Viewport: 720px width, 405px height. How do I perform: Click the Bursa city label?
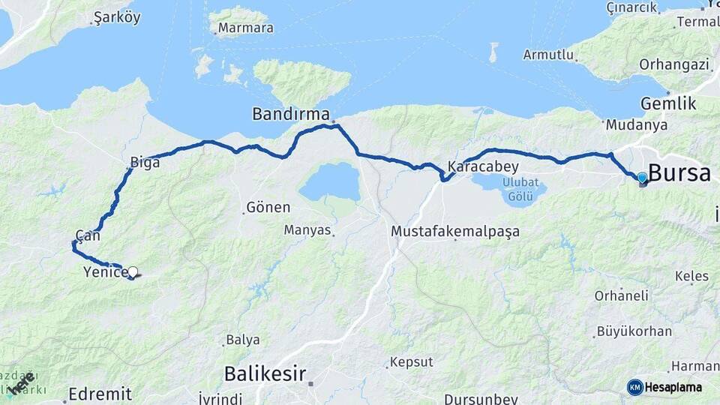point(679,173)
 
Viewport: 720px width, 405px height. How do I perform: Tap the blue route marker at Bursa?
point(642,178)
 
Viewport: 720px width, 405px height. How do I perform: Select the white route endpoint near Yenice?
point(133,272)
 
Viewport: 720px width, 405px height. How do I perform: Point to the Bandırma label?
point(291,115)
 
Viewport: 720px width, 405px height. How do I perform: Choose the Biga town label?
point(145,162)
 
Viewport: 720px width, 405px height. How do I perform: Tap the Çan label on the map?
point(88,235)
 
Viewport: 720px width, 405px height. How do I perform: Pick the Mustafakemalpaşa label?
point(455,232)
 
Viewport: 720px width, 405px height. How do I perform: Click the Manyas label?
point(307,230)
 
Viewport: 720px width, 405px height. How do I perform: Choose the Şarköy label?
point(117,18)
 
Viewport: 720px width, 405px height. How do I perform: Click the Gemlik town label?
point(668,103)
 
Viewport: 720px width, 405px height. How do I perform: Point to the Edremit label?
point(100,393)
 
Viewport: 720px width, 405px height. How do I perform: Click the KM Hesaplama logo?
point(664,387)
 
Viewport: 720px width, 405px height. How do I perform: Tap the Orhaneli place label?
point(621,295)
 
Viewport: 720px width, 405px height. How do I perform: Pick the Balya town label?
point(242,340)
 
